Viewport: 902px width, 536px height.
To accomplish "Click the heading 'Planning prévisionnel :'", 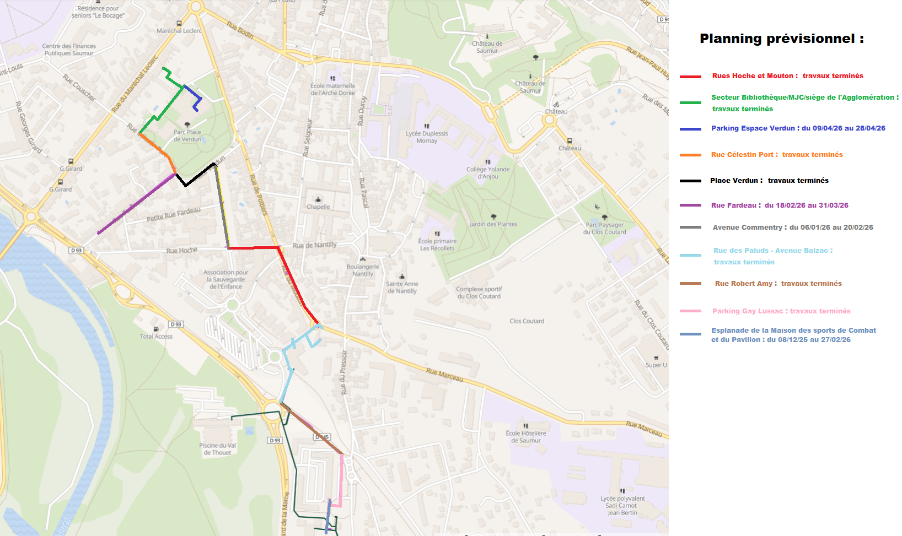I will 781,39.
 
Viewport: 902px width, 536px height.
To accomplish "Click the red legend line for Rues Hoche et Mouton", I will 690,77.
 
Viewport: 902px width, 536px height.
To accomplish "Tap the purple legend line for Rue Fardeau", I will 690,205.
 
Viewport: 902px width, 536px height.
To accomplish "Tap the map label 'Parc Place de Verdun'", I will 187,136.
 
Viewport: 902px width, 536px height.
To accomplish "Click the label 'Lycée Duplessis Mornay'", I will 427,137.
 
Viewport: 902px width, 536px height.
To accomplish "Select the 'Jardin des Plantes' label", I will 493,224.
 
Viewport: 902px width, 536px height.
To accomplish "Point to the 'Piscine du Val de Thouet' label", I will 217,449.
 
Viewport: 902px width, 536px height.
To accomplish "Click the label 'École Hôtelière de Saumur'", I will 526,437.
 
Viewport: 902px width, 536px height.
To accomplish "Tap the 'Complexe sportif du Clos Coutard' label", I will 479,293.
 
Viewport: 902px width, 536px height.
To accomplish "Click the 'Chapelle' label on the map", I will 318,207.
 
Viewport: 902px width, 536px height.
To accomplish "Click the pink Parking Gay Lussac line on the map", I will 341,479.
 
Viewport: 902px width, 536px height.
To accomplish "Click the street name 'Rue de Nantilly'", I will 314,245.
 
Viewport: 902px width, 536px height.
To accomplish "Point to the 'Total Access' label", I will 156,336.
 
